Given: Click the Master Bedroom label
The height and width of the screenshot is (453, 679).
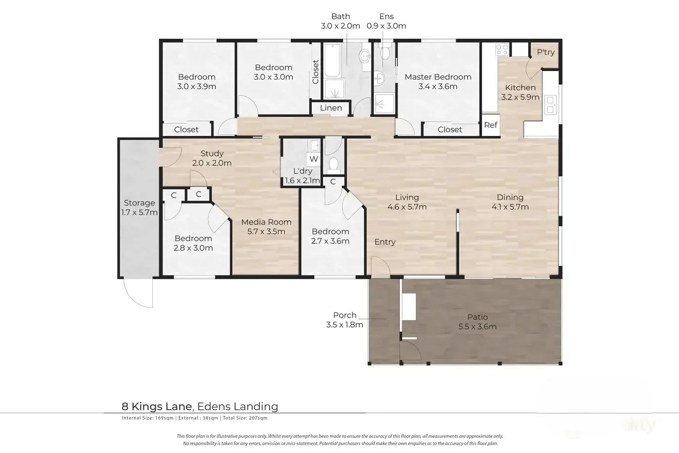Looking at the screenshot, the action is point(438,77).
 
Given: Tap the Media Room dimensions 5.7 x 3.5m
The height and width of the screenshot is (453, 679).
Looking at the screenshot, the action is point(266,232).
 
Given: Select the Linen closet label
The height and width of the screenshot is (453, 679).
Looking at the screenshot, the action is point(331,108).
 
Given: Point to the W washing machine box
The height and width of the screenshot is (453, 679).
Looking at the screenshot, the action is point(314,159).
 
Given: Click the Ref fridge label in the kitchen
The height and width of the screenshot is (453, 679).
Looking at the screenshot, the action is point(490,125).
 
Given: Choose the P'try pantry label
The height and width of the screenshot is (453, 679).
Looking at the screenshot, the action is point(546,52).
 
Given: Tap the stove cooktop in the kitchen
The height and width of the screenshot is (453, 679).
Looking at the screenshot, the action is point(502,49).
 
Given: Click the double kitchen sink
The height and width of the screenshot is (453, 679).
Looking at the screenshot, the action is point(550,105).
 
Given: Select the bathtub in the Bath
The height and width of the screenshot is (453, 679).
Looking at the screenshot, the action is point(332,60).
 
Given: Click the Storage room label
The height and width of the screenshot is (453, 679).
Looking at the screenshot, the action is point(139,203).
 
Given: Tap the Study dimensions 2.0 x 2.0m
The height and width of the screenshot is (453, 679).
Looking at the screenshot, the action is point(212,163).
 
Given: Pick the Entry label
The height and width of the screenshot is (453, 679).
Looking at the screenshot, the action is point(385,241).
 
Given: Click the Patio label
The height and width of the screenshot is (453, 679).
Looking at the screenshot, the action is point(477,317).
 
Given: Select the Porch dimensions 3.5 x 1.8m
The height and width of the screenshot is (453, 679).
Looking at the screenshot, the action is point(345,325).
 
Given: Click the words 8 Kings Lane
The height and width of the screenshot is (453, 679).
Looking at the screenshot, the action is point(157,406).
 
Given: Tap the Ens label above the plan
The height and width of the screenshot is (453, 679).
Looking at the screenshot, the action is point(387,16).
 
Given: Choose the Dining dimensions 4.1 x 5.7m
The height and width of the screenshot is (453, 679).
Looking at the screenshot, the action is point(510,207).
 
